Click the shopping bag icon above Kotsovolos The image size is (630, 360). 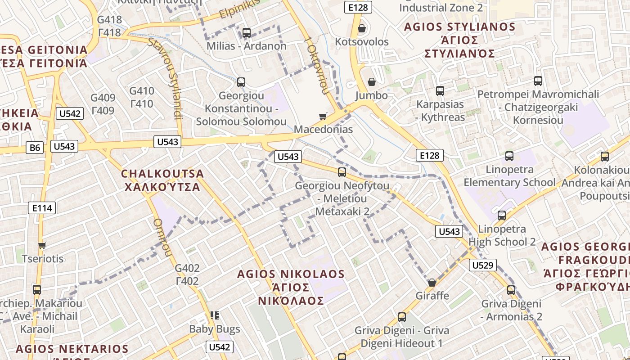[x=361, y=29]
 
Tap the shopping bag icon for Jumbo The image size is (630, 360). [x=372, y=82]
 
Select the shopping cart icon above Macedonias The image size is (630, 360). [x=323, y=117]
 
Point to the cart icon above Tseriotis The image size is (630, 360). [x=42, y=245]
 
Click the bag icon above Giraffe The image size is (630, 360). [x=432, y=283]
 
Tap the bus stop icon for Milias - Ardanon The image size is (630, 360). [x=246, y=32]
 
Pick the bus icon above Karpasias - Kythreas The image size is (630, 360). [x=440, y=91]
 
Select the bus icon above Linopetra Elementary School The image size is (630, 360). [x=509, y=156]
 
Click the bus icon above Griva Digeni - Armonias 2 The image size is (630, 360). [x=511, y=290]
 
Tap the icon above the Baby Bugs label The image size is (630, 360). [x=215, y=315]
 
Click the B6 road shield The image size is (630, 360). [x=35, y=147]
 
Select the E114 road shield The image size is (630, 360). [x=42, y=207]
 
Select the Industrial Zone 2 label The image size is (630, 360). [x=441, y=8]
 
